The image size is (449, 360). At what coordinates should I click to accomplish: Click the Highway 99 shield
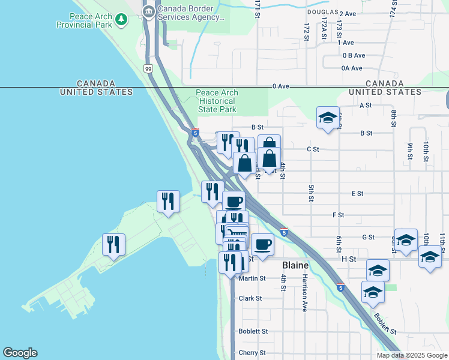click(148, 70)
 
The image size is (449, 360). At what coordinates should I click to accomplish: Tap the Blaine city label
click(295, 265)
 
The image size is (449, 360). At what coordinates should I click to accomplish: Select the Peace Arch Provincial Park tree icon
click(122, 20)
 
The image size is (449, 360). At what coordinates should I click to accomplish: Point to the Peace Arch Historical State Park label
click(217, 101)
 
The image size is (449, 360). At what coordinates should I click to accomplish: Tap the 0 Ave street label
click(280, 86)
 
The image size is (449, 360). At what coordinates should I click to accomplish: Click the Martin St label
click(252, 278)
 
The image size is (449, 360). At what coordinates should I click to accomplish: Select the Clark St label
click(250, 298)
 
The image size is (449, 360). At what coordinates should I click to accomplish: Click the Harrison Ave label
click(305, 293)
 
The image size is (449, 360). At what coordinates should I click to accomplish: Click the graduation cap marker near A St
click(328, 118)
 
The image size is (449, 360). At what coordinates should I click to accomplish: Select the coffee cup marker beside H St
click(262, 244)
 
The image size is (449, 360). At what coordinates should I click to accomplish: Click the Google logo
click(20, 353)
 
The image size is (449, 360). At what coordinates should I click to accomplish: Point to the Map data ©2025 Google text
click(411, 355)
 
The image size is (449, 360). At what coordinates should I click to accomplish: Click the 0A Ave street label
click(353, 68)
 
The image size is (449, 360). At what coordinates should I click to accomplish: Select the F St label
click(338, 215)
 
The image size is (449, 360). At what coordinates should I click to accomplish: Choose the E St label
click(357, 194)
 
